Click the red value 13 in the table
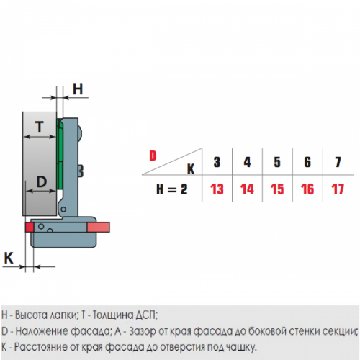click(x=217, y=189)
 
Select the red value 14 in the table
click(x=247, y=189)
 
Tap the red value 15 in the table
click(x=277, y=189)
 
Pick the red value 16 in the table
click(x=307, y=189)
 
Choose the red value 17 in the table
click(x=338, y=189)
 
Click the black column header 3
click(x=217, y=162)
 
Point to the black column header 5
click(x=277, y=162)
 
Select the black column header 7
click(x=338, y=162)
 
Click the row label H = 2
click(x=172, y=189)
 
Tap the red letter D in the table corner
click(x=153, y=156)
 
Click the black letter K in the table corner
click(x=191, y=169)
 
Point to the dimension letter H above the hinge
click(x=78, y=89)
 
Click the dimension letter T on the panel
click(x=40, y=127)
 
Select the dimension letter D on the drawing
click(x=42, y=181)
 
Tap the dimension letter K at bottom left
click(x=9, y=258)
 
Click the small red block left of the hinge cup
click(x=30, y=227)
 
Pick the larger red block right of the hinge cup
click(x=99, y=227)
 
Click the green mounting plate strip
click(x=60, y=153)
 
